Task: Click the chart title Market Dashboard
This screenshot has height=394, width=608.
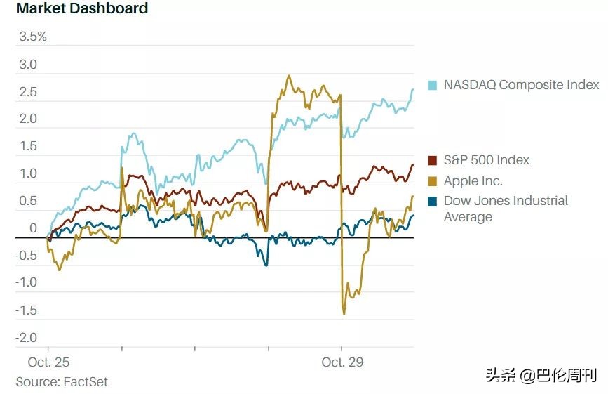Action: pyautogui.click(x=82, y=8)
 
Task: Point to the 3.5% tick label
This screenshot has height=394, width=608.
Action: pyautogui.click(x=33, y=37)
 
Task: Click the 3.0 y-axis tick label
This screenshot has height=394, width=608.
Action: pyautogui.click(x=28, y=65)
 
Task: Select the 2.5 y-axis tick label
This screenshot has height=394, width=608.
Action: pyautogui.click(x=28, y=92)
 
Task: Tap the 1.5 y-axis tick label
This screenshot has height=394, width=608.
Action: pyautogui.click(x=28, y=146)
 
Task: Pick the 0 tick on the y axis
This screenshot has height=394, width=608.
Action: pyautogui.click(x=33, y=228)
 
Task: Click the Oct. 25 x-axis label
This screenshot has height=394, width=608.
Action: pyautogui.click(x=49, y=362)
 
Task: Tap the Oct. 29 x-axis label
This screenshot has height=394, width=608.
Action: pyautogui.click(x=343, y=362)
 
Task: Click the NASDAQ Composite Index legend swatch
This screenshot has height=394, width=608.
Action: pyautogui.click(x=433, y=86)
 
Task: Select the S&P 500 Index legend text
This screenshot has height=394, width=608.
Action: pyautogui.click(x=486, y=160)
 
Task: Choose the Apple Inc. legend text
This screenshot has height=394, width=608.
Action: pyautogui.click(x=473, y=181)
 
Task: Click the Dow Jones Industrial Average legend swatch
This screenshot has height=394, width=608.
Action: pyautogui.click(x=433, y=201)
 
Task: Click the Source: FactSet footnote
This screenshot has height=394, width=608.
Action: pyautogui.click(x=62, y=382)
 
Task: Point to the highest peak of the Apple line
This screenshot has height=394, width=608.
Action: pyautogui.click(x=289, y=75)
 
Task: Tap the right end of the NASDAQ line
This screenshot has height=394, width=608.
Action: pyautogui.click(x=413, y=89)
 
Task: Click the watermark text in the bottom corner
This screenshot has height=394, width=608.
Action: pyautogui.click(x=542, y=375)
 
